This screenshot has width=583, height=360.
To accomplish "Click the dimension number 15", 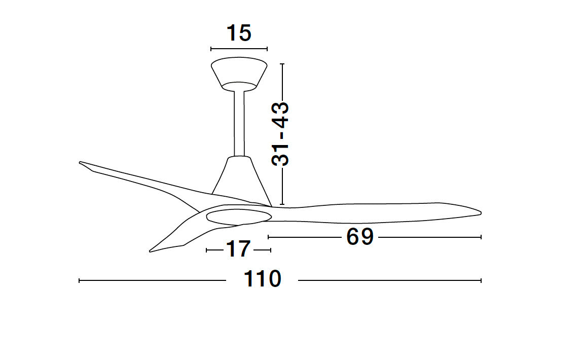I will coord(239,33).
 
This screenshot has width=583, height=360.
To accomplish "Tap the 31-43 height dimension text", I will coord(280,134).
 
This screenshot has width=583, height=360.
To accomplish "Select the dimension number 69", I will coord(360,237).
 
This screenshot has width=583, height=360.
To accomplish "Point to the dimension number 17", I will coord(238,249).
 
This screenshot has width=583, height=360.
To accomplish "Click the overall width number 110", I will coord(262,279).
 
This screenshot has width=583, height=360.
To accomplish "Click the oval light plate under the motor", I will coord(239,217).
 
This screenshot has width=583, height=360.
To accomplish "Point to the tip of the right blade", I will coord(479,212).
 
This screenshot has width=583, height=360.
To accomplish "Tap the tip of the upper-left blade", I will coord(81,163).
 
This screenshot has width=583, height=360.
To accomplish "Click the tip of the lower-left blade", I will coord(151,250).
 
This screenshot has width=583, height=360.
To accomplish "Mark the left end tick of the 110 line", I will coord(80,280).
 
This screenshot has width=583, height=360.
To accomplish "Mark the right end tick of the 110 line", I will coord(481,280).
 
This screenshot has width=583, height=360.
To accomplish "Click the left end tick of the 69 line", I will coord(268,237).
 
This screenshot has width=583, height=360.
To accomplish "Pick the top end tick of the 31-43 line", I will coord(282,64).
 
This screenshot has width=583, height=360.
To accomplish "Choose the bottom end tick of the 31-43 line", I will coord(282,204).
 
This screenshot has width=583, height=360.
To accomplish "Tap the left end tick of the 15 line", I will coord(211,49).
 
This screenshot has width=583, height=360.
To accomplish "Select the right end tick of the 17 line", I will coord(271,250).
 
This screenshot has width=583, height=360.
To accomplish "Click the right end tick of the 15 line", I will coord(267,49).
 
